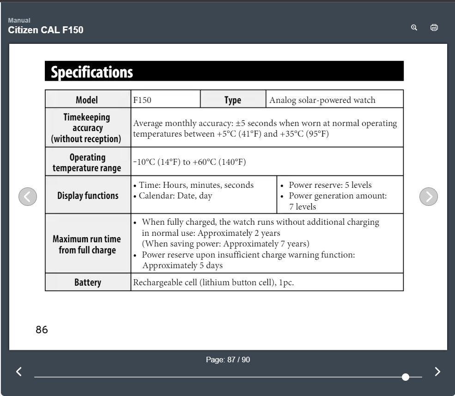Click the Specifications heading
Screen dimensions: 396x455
(x=91, y=72)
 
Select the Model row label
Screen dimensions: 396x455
(x=87, y=100)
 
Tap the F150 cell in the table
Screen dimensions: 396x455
(x=142, y=100)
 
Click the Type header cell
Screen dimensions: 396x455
(x=233, y=100)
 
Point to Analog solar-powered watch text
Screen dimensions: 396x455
(x=322, y=100)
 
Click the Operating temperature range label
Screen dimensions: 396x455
(x=87, y=162)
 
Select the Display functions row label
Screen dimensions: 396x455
(x=88, y=195)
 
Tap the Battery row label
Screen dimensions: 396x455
(x=88, y=282)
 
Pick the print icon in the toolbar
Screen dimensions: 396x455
(x=434, y=28)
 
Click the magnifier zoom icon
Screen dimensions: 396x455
(x=414, y=28)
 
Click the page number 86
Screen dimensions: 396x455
(x=42, y=330)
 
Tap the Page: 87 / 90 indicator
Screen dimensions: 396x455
(x=228, y=360)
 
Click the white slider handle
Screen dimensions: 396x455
(x=406, y=377)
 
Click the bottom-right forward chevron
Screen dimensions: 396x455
(x=437, y=372)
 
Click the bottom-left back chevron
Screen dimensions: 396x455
(x=19, y=372)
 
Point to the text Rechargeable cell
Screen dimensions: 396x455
(x=165, y=282)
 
